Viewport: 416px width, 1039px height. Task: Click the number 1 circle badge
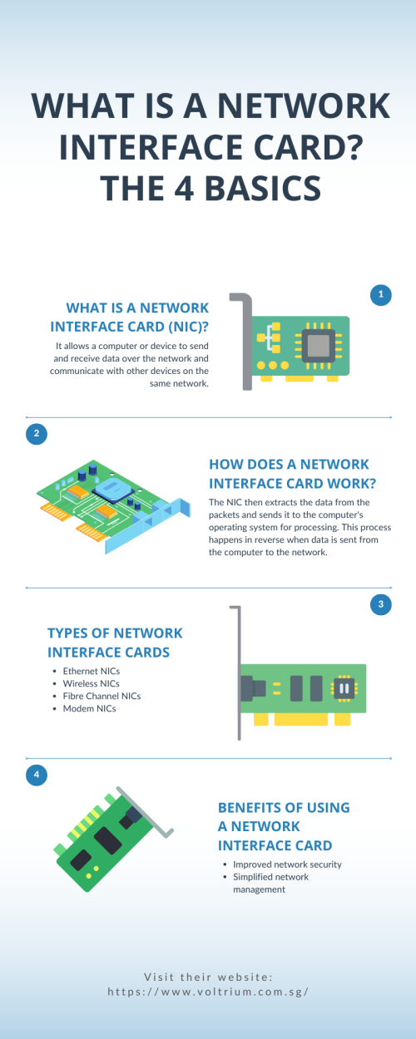[x=381, y=294]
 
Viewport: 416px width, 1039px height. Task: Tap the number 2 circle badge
[x=37, y=434]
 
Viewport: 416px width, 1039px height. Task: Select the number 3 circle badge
[x=381, y=604]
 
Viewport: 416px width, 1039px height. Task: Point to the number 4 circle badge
[x=37, y=775]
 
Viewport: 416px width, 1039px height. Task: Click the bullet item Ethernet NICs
[x=91, y=671]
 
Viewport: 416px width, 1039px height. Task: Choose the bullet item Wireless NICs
[x=91, y=684]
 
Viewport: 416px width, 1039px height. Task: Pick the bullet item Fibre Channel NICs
[x=102, y=697]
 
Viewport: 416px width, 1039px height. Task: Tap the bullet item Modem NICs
[x=89, y=709]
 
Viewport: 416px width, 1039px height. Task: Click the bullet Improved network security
[x=287, y=864]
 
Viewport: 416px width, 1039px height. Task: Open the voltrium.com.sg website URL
[x=208, y=992]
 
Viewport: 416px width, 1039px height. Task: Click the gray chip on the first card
[x=319, y=346]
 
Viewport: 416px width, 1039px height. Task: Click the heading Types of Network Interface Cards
[x=115, y=643]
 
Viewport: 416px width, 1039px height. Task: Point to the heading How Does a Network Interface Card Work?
[x=292, y=474]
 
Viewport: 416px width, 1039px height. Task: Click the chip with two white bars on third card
[x=344, y=688]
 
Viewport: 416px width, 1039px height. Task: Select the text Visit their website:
[x=208, y=977]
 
